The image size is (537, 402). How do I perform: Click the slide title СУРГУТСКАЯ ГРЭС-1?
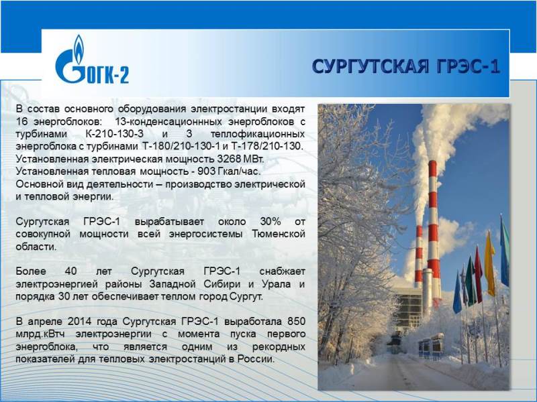pos(406,66)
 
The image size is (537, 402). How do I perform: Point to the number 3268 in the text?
pos(228,159)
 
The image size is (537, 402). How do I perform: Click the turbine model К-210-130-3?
pos(114,134)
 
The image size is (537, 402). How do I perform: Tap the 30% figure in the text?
pos(271,222)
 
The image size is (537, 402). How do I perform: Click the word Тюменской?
pos(279,234)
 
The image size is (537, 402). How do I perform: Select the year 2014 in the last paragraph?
pos(79,322)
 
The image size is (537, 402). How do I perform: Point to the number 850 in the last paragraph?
pos(296,322)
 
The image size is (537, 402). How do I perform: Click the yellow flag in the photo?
pos(490,263)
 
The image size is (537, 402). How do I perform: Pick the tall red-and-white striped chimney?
pos(433,232)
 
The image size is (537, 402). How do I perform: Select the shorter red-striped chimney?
pos(419,257)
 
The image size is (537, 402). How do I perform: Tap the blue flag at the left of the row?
pos(457,293)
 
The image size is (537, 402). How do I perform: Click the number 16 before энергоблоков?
pos(21,122)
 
